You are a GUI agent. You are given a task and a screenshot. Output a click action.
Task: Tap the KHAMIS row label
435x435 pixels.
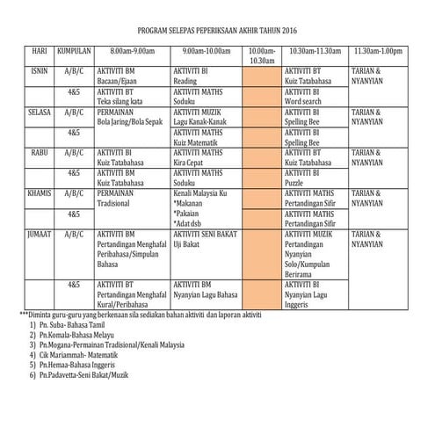(x=41, y=192)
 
